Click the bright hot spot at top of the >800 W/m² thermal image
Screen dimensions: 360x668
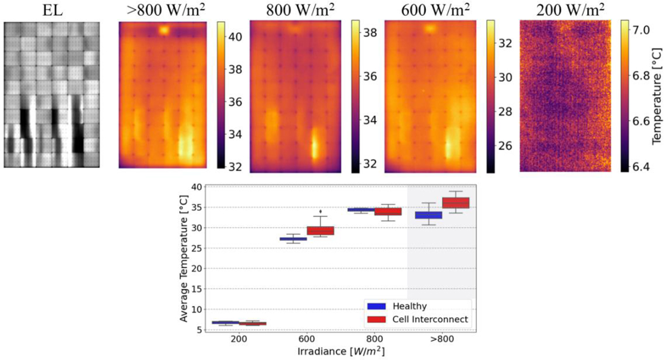(164, 31)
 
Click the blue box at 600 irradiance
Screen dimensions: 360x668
(293, 239)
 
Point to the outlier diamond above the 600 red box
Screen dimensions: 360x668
(320, 211)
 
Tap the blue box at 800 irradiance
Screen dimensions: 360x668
(361, 210)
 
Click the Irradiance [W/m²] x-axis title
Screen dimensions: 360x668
(340, 352)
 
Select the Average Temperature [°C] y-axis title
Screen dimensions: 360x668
(184, 259)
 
